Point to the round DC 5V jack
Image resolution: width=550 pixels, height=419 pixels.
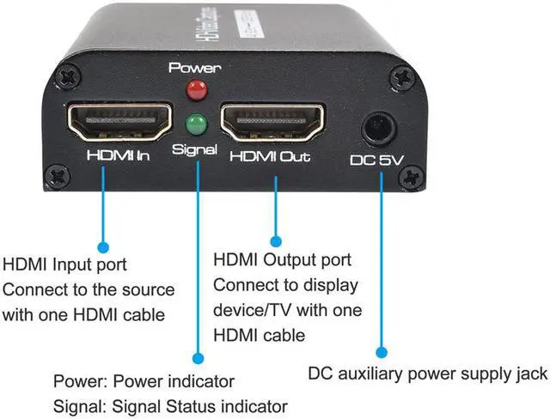click(375, 131)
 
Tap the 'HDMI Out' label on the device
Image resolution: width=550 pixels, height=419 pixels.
click(269, 157)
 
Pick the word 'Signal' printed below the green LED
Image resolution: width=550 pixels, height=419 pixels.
click(194, 148)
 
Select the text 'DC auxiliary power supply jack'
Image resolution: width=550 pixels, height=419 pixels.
click(427, 373)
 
